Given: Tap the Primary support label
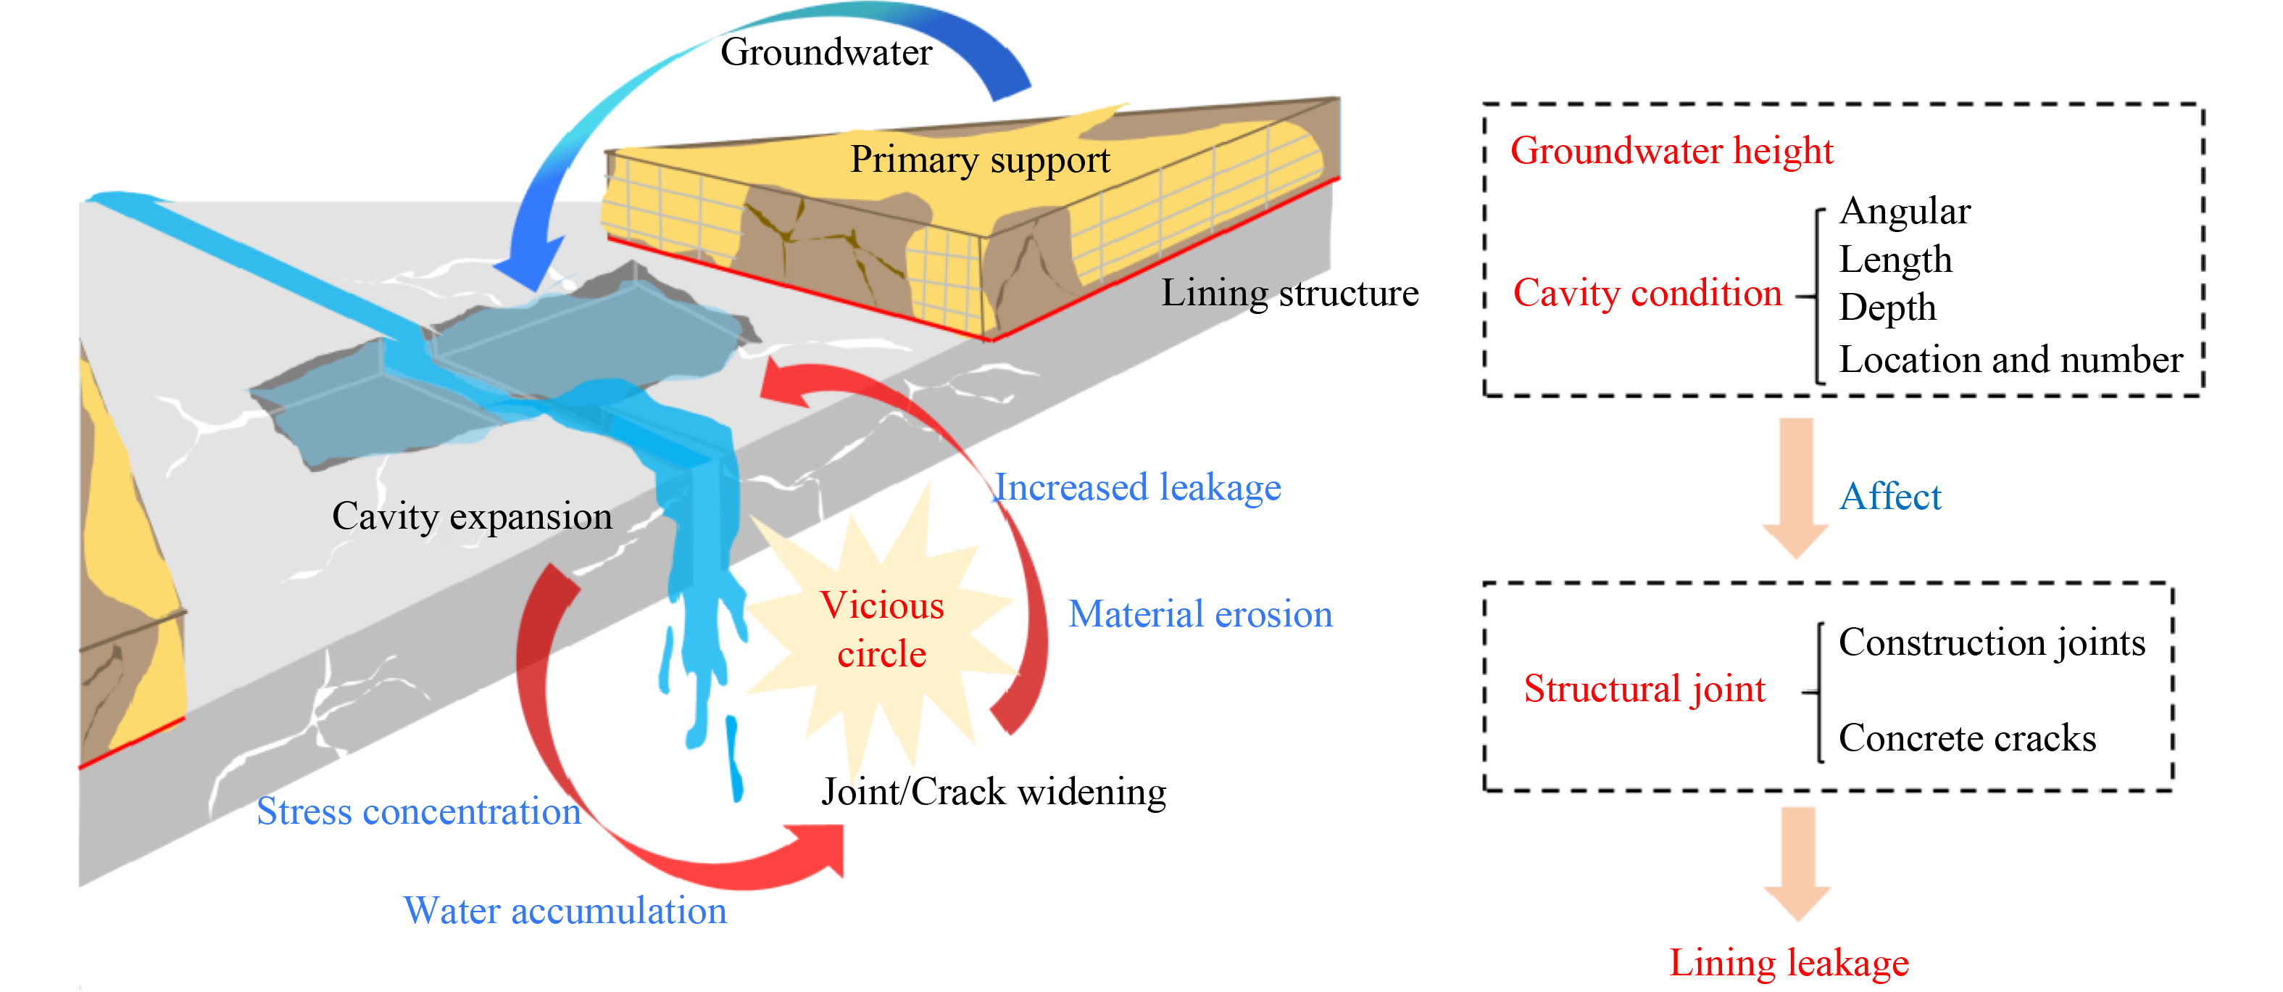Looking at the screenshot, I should coord(979,160).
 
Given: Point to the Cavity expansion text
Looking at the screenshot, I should coord(472,516).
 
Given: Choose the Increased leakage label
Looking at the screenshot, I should coord(1138,487).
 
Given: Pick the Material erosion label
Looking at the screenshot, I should coord(1200,614).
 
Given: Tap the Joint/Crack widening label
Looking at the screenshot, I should coord(994,792).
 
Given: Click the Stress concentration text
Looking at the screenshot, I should coord(418,811).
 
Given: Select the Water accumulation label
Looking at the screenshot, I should coord(565,911).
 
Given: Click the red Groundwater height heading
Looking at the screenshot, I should coord(1671,151).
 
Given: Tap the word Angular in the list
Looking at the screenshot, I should coord(1905,211).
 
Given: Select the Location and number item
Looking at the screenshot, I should coord(2010,360).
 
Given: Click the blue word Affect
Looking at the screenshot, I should coord(1889,497).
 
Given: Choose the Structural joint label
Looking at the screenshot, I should coord(1644,689).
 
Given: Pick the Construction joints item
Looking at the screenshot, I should coord(1992,642).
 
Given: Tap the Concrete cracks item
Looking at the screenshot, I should coord(1966,738).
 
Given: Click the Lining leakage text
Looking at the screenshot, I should coord(1789,963).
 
